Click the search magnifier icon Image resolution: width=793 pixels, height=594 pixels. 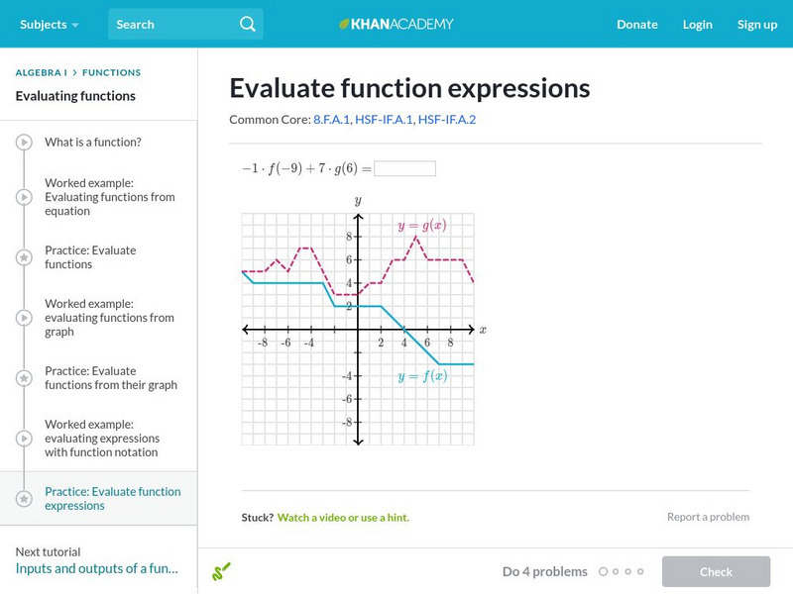247,24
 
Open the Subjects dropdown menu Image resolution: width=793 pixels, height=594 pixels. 49,24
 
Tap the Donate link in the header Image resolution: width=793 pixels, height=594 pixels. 636,24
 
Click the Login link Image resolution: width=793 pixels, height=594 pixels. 697,25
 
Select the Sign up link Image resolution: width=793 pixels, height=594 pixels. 756,25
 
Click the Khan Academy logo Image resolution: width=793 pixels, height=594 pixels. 396,24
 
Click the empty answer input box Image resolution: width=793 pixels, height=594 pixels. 404,168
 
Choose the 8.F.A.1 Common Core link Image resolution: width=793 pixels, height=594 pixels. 331,119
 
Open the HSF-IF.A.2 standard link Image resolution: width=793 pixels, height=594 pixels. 447,119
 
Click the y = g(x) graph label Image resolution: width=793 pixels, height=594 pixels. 422,226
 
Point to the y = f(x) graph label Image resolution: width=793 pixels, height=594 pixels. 422,376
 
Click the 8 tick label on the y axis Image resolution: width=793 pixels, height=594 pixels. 349,236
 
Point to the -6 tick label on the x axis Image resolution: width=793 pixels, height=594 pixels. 285,343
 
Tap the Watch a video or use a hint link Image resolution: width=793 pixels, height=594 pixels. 343,517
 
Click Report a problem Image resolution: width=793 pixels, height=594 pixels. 708,517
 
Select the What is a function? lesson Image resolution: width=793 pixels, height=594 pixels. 93,142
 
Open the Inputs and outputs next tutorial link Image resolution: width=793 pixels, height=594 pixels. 96,568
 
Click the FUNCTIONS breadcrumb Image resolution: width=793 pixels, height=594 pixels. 111,72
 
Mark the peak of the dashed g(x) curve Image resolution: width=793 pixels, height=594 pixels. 415,236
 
